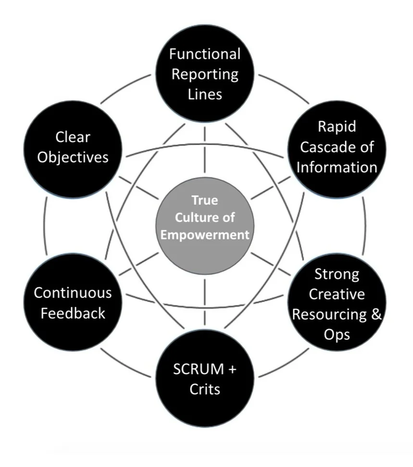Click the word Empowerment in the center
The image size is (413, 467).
[x=205, y=235]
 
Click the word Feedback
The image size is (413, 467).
[x=73, y=313]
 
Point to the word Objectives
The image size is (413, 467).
[x=73, y=157]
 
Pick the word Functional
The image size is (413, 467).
[x=205, y=54]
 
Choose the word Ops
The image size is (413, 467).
[x=337, y=333]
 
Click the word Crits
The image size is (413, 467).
[x=205, y=389]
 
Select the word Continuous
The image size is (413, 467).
[x=73, y=293]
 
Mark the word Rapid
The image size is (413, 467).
[x=337, y=126]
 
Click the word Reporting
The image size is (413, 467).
[x=205, y=74]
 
